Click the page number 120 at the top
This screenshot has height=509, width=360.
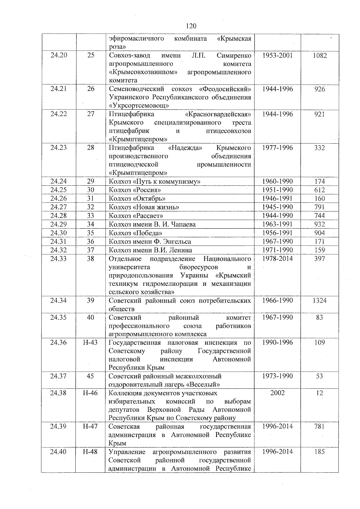191,26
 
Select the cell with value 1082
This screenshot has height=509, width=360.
319,55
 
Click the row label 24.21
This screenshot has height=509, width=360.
58,89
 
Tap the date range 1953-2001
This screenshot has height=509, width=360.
277,55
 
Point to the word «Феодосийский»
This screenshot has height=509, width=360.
225,89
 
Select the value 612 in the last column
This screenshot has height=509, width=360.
319,190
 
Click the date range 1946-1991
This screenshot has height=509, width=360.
277,198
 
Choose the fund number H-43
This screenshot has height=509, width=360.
90,343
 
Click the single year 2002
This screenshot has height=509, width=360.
277,393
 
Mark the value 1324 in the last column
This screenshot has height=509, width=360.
319,301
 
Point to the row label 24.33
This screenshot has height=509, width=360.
58,259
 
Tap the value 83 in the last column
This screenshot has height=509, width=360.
319,317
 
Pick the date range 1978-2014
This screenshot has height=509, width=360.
277,259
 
